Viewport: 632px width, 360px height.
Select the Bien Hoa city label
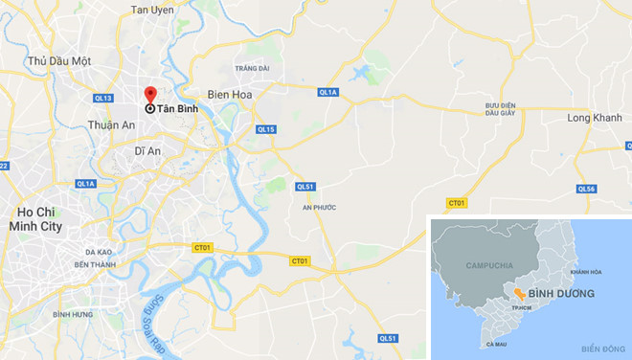tap(230, 95)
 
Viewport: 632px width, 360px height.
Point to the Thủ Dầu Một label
tap(59, 61)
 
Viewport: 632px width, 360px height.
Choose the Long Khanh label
tap(594, 119)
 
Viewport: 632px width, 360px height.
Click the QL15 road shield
tap(266, 129)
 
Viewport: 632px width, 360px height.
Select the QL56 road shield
tap(587, 190)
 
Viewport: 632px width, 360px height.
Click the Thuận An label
tap(109, 125)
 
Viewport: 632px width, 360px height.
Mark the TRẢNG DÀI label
tap(251, 68)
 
